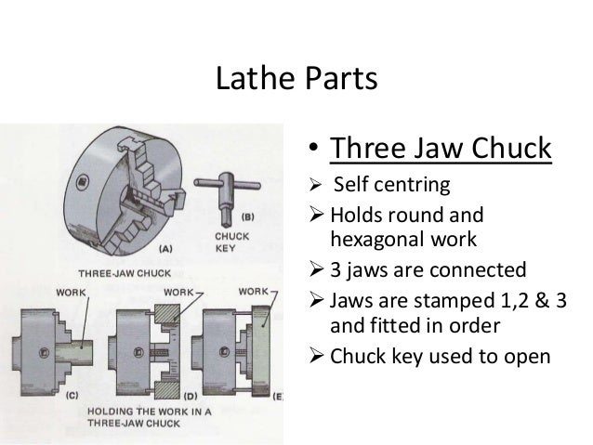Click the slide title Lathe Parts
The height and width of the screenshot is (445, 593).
(x=296, y=79)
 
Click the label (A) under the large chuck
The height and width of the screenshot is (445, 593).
(x=165, y=248)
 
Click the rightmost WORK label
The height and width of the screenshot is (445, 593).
(x=255, y=291)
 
